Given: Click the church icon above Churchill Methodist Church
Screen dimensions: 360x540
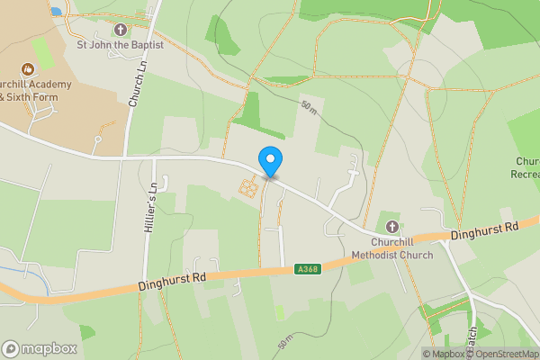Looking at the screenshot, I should click(x=392, y=226).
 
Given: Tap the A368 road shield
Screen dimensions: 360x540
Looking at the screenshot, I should click(x=306, y=267).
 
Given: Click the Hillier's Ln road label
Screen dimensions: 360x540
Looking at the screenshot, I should click(x=151, y=209).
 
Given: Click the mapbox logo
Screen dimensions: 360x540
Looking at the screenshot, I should click(x=36, y=348).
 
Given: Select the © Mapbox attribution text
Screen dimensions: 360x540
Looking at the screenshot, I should click(x=445, y=354).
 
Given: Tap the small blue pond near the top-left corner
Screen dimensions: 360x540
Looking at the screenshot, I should click(x=57, y=12).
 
